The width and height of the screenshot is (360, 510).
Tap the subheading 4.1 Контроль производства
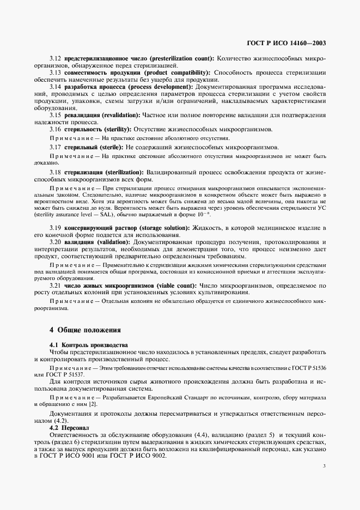[89, 345]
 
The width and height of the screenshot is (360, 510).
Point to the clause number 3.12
[56, 58]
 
